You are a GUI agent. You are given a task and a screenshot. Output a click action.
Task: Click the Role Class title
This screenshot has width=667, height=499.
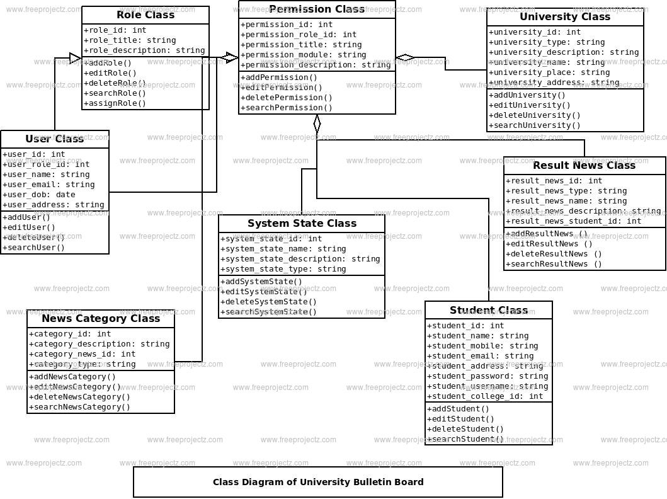(x=145, y=15)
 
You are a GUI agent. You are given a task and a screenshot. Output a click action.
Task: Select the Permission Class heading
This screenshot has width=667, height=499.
(x=317, y=9)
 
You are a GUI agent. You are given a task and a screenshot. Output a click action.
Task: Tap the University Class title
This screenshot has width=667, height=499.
(x=565, y=17)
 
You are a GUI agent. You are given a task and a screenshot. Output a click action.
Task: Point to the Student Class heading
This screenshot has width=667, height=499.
(x=489, y=311)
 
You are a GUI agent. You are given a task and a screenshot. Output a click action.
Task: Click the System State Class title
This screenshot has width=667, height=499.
(x=302, y=224)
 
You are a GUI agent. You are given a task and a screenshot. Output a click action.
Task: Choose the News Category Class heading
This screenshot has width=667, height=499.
(x=101, y=319)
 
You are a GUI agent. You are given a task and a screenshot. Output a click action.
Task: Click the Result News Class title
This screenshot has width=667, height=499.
(x=584, y=166)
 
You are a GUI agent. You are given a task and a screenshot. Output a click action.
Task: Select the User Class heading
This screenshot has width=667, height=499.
(x=55, y=139)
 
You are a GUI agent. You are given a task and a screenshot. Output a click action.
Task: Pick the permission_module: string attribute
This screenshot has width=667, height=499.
(x=304, y=55)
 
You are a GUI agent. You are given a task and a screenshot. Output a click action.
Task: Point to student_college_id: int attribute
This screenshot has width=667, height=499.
(x=485, y=396)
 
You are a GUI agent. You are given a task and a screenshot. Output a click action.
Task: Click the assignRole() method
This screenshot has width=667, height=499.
(x=115, y=103)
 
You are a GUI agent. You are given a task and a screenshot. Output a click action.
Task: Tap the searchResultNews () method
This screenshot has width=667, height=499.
(x=554, y=264)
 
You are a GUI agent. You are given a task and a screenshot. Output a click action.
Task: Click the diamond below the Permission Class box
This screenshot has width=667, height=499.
(x=317, y=124)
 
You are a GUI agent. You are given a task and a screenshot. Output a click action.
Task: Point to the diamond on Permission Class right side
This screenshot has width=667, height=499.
(x=405, y=58)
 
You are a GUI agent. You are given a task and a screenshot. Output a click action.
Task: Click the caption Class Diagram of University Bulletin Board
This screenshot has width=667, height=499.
(x=318, y=483)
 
